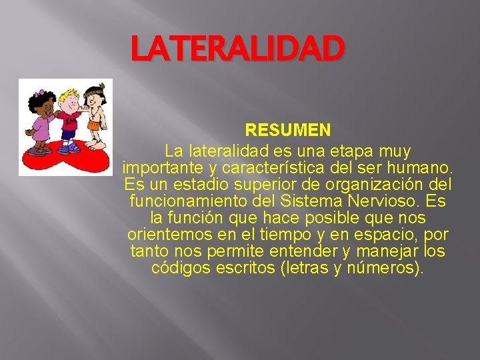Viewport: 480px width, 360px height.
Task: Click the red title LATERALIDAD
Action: pyautogui.click(x=238, y=49)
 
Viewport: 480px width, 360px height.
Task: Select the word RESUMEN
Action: pyautogui.click(x=287, y=127)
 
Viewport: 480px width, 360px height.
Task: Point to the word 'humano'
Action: pyautogui.click(x=421, y=167)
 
